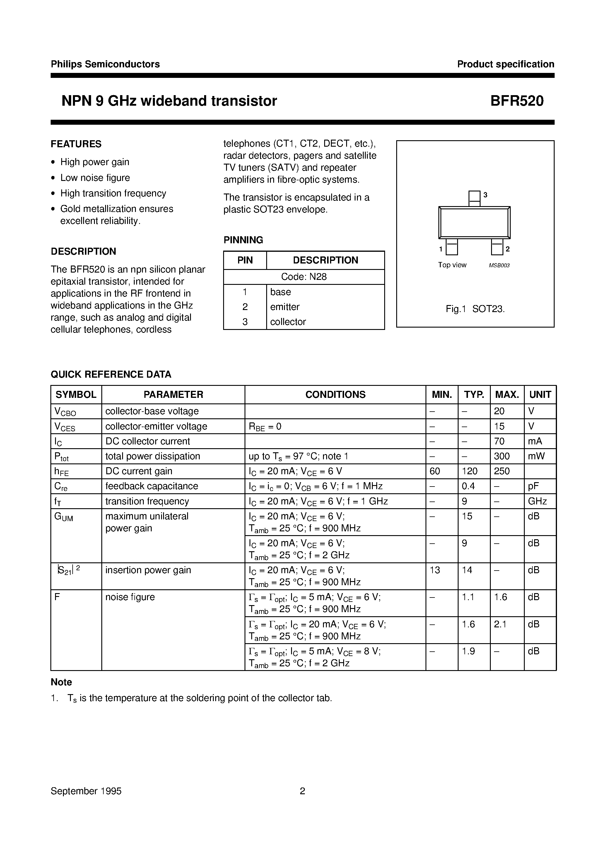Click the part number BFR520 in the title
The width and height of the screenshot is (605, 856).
[517, 101]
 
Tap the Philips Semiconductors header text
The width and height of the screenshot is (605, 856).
[105, 64]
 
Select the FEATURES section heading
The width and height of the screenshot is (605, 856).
[76, 144]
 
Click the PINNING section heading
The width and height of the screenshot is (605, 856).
[243, 240]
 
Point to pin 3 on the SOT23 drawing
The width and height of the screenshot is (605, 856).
[474, 198]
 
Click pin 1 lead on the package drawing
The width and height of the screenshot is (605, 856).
[452, 247]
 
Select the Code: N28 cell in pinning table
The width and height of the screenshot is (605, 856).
[304, 277]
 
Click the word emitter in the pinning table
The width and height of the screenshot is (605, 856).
[285, 307]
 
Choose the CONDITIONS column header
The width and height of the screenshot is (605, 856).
[335, 394]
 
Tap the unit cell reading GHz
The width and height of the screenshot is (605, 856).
[537, 501]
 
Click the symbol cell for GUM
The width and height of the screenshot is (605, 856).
[64, 517]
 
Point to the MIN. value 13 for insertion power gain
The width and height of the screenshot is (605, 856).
[435, 570]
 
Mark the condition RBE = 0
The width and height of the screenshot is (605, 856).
[265, 427]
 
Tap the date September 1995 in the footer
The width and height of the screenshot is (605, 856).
[86, 791]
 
